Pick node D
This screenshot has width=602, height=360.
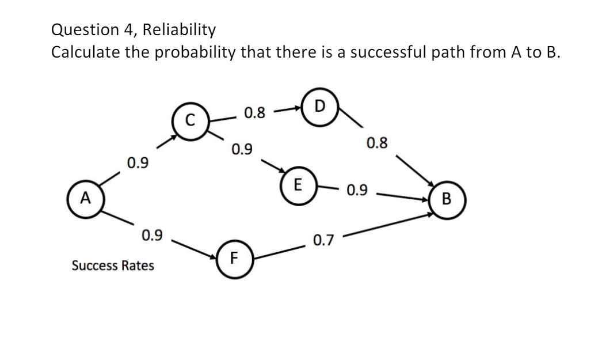tap(320, 107)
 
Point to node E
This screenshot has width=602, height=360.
tap(297, 185)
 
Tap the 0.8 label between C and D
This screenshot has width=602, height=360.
tap(254, 113)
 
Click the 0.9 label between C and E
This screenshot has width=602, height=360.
tap(242, 151)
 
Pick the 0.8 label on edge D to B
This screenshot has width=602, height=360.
tap(376, 142)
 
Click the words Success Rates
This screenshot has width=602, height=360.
tap(113, 266)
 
